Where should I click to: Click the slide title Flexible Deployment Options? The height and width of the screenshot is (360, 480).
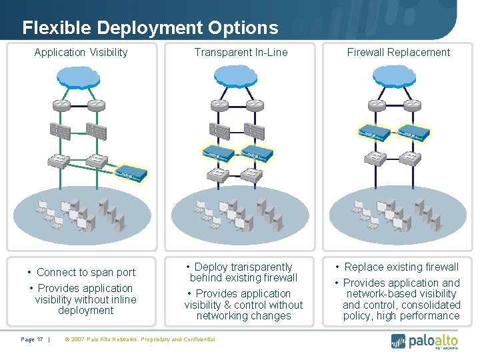point(150,27)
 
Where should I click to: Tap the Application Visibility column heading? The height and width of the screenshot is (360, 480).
point(81,52)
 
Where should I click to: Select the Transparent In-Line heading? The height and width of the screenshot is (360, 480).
point(241,52)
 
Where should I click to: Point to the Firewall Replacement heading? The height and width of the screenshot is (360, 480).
point(399,52)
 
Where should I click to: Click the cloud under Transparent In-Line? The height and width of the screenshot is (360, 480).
point(241,77)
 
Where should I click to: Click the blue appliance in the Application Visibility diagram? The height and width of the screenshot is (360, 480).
point(131,175)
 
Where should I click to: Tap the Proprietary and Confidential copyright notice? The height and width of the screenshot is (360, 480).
point(139,339)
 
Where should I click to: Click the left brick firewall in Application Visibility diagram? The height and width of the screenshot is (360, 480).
point(60,132)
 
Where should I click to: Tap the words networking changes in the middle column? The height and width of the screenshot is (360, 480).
point(243,315)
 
